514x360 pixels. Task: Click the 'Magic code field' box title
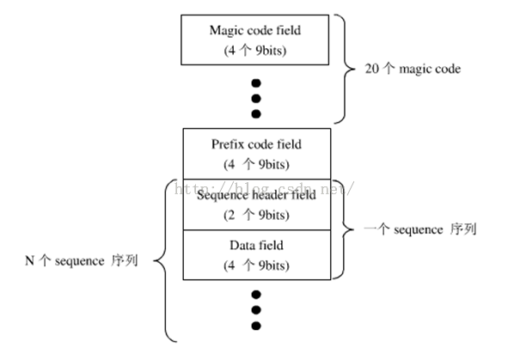[x=255, y=30]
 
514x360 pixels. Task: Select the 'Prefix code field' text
[x=256, y=144]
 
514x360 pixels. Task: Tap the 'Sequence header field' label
[x=256, y=195]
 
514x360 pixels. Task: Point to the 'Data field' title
[x=256, y=246]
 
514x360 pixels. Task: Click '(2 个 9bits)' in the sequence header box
[x=256, y=215]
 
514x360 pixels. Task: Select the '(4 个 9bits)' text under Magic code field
[x=255, y=51]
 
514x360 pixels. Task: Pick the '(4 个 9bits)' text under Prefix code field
[x=256, y=164]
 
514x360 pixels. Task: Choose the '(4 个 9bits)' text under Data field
[x=256, y=265]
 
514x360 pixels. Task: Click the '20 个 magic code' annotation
[x=413, y=69]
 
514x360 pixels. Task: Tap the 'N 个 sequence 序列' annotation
[x=82, y=260]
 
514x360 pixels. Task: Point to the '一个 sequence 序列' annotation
[x=420, y=229]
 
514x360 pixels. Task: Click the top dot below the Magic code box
[x=256, y=83]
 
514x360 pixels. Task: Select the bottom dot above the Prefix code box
[x=256, y=113]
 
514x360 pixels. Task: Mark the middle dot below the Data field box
[x=256, y=310]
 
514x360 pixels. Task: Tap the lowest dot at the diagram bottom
[x=256, y=326]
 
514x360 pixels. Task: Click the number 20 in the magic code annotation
[x=371, y=69]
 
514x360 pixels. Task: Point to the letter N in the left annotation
[x=29, y=261]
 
